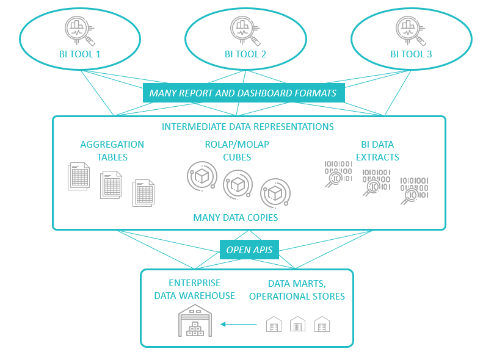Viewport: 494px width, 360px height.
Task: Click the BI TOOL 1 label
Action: click(79, 54)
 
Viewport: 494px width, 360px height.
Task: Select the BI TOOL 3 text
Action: click(411, 54)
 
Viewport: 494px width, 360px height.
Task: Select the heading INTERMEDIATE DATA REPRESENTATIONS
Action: click(247, 127)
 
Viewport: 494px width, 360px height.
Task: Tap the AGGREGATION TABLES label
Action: click(112, 151)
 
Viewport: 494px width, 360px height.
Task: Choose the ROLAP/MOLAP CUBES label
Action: click(237, 151)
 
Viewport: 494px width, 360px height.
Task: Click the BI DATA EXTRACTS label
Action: click(377, 151)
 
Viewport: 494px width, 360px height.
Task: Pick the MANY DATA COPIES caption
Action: click(235, 217)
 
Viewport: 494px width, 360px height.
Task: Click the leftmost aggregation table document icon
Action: click(79, 176)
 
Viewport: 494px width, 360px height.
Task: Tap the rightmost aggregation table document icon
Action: click(144, 193)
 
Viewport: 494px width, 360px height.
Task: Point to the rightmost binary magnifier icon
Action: click(414, 190)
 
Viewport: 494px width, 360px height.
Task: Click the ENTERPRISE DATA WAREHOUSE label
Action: click(194, 290)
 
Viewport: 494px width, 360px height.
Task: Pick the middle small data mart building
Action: click(297, 324)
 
